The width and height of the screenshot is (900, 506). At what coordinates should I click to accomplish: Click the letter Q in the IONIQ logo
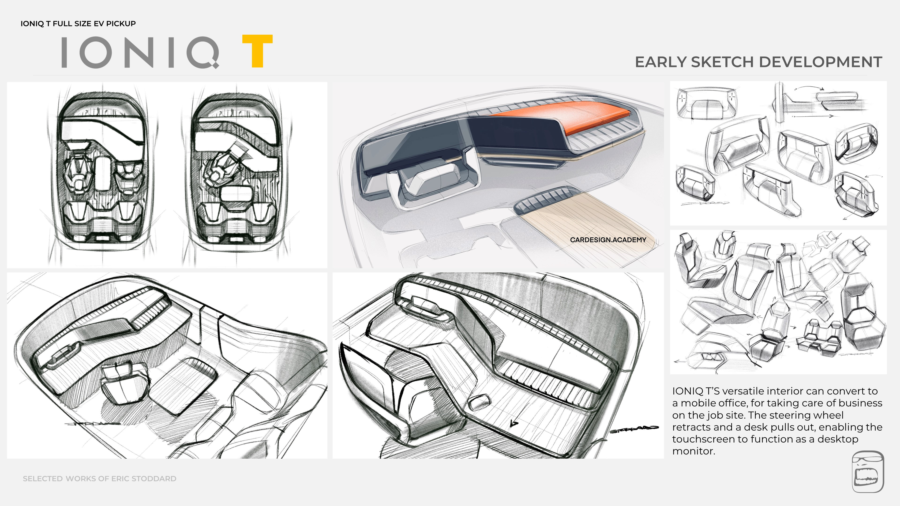pyautogui.click(x=203, y=52)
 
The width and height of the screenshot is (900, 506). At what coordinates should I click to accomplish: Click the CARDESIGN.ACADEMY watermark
pyautogui.click(x=608, y=240)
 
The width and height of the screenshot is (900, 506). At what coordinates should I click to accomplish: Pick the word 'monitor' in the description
pyautogui.click(x=693, y=451)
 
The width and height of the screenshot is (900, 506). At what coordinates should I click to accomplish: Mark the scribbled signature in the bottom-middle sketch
pyautogui.click(x=634, y=429)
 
